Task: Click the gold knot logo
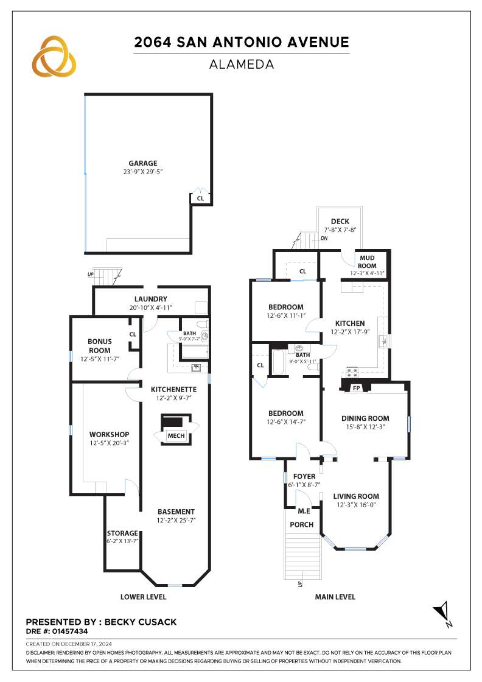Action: [x=54, y=56]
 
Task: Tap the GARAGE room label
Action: [x=142, y=163]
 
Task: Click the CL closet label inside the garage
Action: [x=200, y=199]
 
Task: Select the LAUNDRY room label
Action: [x=150, y=299]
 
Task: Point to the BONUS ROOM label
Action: [x=100, y=346]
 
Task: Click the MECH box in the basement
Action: [x=176, y=435]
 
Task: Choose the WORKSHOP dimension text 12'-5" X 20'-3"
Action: [x=109, y=443]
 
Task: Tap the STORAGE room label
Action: [x=122, y=533]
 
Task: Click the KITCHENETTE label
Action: [x=173, y=389]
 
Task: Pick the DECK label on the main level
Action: [x=340, y=222]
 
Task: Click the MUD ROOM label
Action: [x=367, y=262]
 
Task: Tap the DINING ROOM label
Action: [x=365, y=418]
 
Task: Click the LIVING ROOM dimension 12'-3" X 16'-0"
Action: [x=356, y=505]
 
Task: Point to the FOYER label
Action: [x=304, y=476]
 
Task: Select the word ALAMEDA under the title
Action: [x=242, y=65]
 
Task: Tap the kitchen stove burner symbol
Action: [x=352, y=372]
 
